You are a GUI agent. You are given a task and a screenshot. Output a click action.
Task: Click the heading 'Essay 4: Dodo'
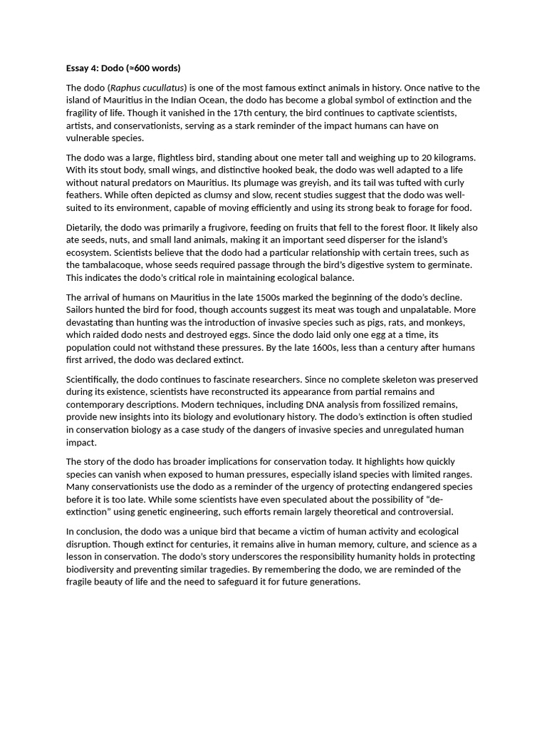[x=123, y=68]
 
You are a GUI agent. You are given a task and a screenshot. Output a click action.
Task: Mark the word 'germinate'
[x=449, y=265]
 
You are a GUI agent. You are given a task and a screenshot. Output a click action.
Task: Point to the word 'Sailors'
[x=81, y=310]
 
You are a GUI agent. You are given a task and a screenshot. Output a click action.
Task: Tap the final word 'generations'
[x=334, y=582]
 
